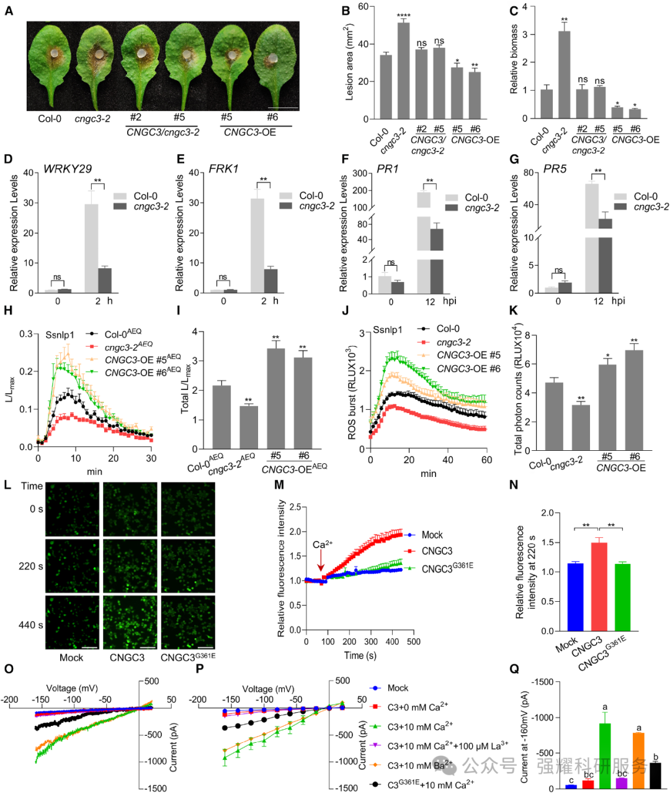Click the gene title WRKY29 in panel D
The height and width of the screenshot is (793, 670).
click(x=68, y=169)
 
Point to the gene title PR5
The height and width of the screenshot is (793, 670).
click(x=555, y=169)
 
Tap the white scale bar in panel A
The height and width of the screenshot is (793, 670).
click(x=284, y=109)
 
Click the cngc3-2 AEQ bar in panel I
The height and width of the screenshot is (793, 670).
click(x=248, y=427)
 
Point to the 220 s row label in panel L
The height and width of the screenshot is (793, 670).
click(x=30, y=566)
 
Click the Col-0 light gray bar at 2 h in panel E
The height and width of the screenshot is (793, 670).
click(x=257, y=245)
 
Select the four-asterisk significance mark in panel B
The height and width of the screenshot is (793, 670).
click(x=403, y=16)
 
